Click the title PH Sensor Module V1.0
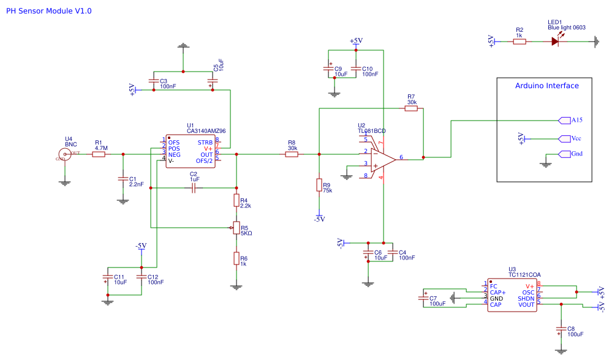[49, 11]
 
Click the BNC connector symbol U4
[64, 154]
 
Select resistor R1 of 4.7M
[99, 154]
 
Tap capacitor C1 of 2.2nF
[123, 179]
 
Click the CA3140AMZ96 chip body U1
[190, 151]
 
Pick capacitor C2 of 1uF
[194, 188]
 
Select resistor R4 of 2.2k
[236, 200]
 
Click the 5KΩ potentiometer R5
[236, 228]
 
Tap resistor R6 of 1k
[236, 258]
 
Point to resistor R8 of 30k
[292, 154]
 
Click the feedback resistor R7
[410, 108]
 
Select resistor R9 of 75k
[319, 185]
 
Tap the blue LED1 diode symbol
[555, 42]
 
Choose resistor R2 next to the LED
[519, 42]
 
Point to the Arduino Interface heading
[546, 86]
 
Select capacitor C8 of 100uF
[561, 330]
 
